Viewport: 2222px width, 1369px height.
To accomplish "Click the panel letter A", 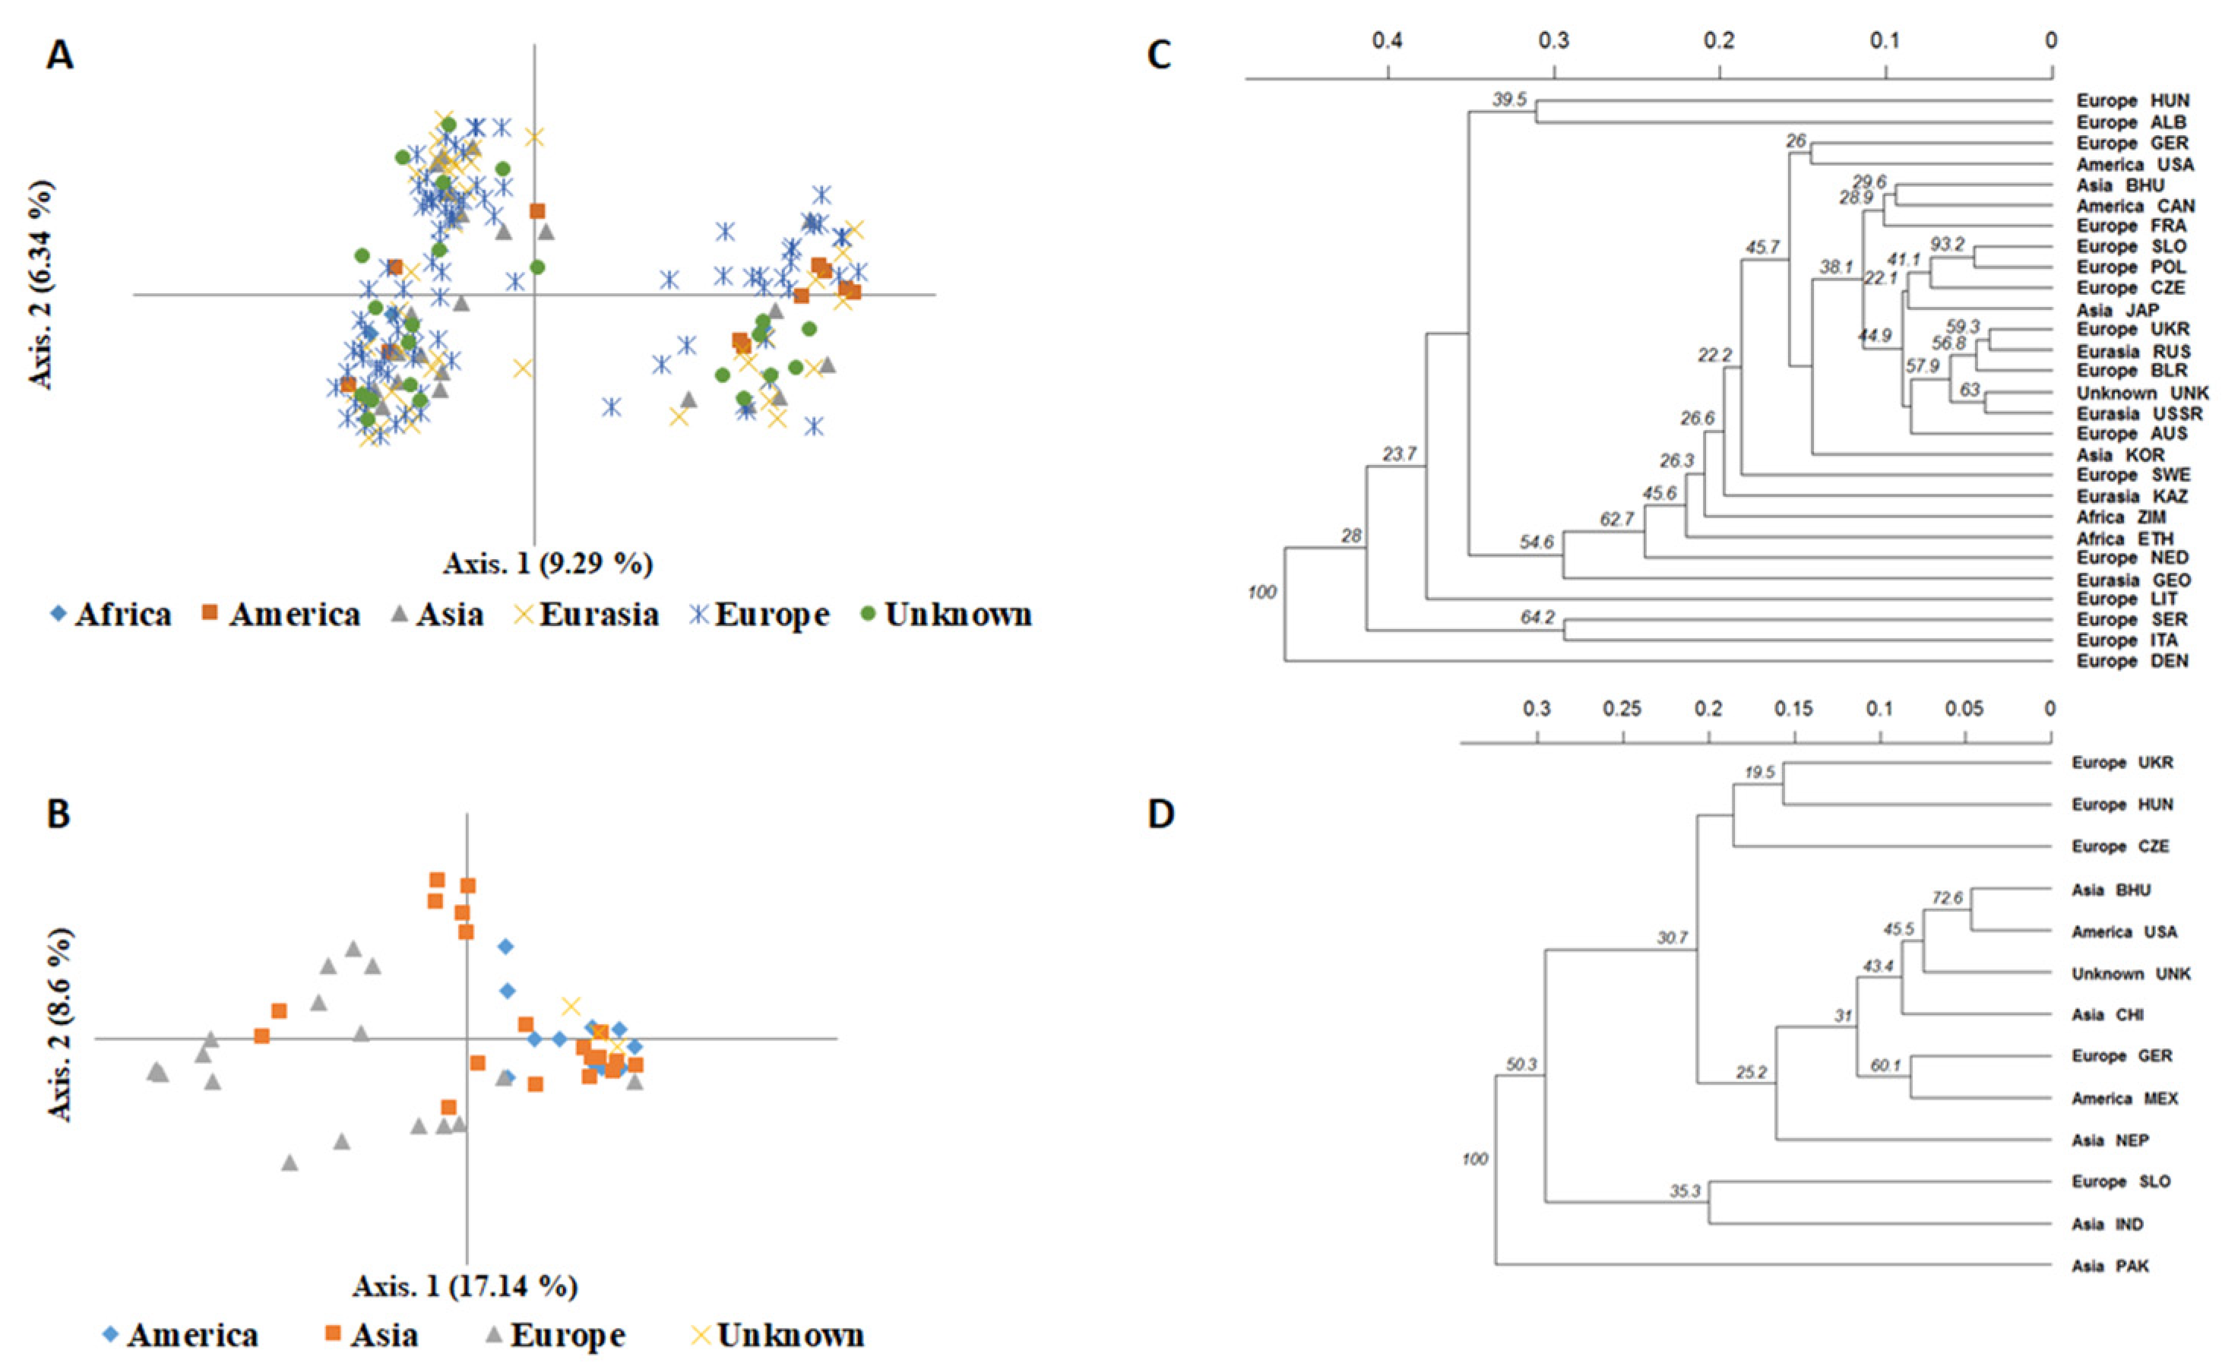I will pyautogui.click(x=61, y=56).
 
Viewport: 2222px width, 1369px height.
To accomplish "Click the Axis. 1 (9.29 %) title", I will pyautogui.click(x=548, y=563).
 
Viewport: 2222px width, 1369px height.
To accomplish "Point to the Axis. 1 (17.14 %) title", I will pyautogui.click(x=465, y=1285).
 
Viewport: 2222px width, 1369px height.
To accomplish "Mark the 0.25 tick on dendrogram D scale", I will pyautogui.click(x=1622, y=709).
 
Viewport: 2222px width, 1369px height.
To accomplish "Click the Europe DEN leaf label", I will pyautogui.click(x=2132, y=662).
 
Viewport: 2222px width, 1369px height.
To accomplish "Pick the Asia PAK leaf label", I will pyautogui.click(x=2110, y=1266).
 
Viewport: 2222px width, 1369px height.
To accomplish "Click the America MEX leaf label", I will pyautogui.click(x=2124, y=1099).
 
